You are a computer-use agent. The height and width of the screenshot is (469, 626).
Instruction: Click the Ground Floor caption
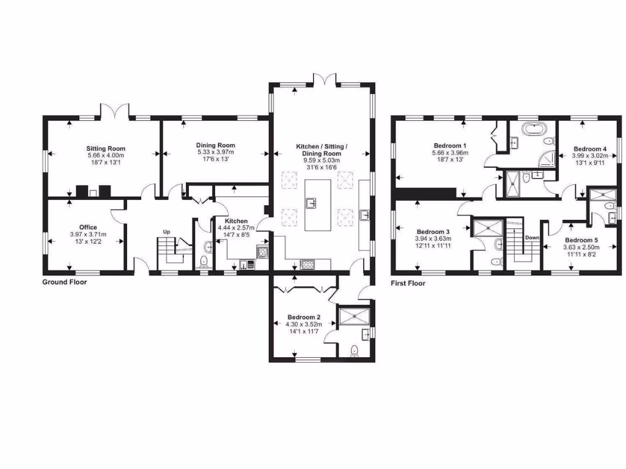click(x=64, y=282)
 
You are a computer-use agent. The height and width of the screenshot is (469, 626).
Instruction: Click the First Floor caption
click(x=408, y=283)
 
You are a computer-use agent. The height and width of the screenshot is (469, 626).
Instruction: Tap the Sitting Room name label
click(x=106, y=148)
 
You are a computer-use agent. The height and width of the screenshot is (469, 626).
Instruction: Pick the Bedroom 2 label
click(x=304, y=318)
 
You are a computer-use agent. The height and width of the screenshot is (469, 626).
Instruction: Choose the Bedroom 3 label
click(x=433, y=231)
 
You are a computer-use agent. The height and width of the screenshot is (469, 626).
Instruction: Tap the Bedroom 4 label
click(x=590, y=149)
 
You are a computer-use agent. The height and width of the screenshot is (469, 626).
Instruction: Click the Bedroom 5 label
click(x=581, y=240)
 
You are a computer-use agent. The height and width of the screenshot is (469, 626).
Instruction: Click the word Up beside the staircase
click(x=165, y=231)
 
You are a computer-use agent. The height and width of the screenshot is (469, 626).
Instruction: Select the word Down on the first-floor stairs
click(x=532, y=238)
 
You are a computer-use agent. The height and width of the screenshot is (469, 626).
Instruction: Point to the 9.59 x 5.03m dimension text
click(x=321, y=161)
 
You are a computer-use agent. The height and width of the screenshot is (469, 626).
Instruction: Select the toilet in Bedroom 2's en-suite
click(x=355, y=351)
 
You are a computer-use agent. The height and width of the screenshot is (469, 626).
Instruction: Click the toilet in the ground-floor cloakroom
click(x=204, y=262)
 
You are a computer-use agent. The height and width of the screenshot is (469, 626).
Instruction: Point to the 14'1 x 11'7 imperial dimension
click(x=304, y=333)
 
